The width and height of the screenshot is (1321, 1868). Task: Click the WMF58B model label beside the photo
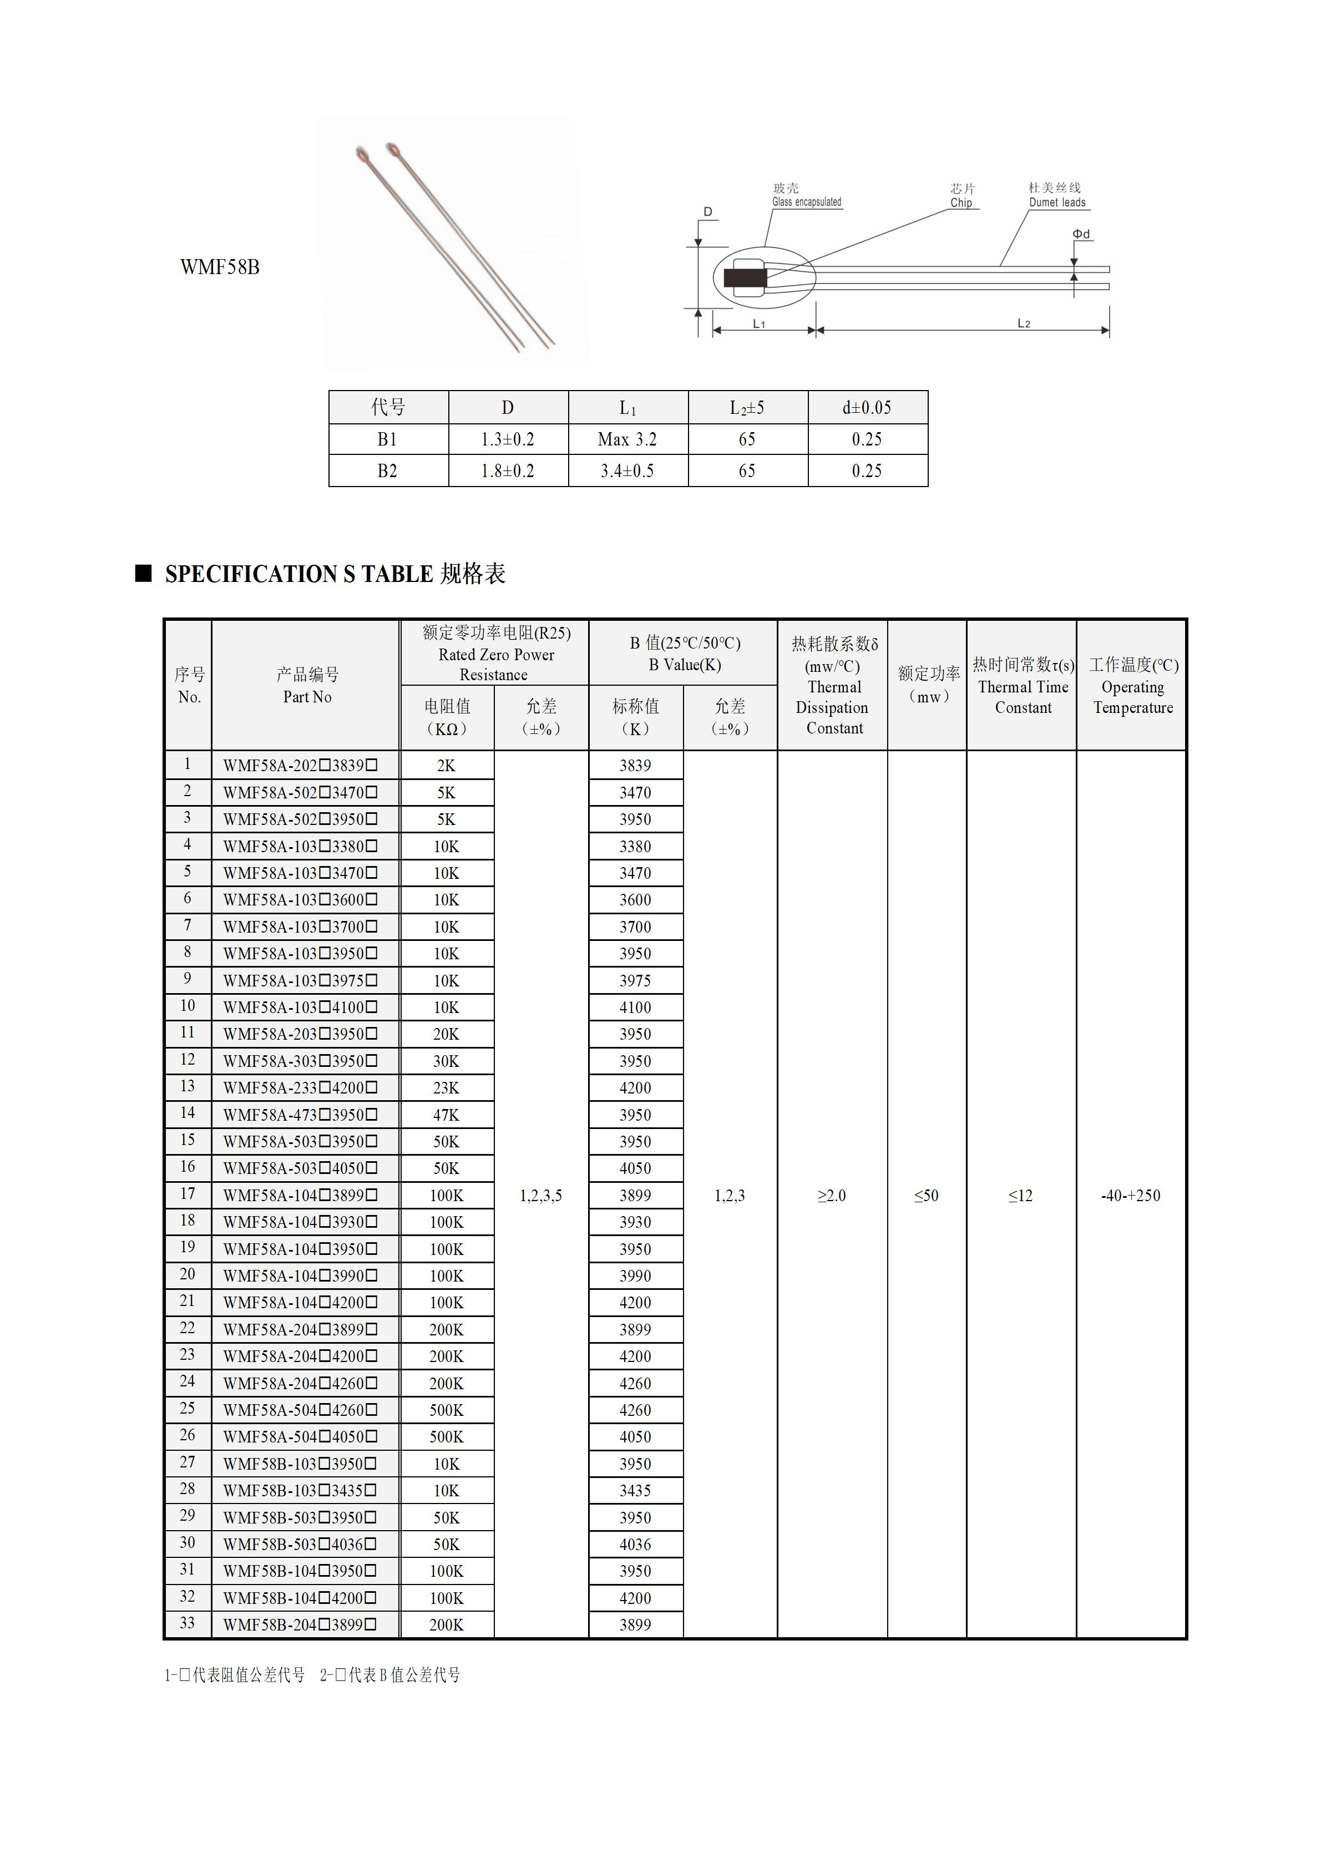point(220,267)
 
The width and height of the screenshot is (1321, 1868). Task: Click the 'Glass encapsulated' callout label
point(806,202)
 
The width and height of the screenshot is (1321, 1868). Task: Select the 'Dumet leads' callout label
point(1057,203)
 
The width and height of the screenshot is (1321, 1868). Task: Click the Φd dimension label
point(1080,234)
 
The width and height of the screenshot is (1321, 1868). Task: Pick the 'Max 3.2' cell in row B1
point(627,439)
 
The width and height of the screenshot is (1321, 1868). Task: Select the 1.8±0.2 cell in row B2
point(508,471)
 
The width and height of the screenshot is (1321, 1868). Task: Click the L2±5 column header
point(747,408)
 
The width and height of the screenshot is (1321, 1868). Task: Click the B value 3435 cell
point(635,1491)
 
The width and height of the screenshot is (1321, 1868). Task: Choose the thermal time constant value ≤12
point(1020,1195)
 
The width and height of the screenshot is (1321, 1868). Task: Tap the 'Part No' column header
point(307,696)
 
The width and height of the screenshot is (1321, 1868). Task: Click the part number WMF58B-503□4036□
point(300,1544)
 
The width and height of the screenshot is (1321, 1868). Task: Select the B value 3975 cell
point(635,980)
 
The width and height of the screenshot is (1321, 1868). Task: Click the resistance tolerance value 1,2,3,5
point(541,1195)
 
